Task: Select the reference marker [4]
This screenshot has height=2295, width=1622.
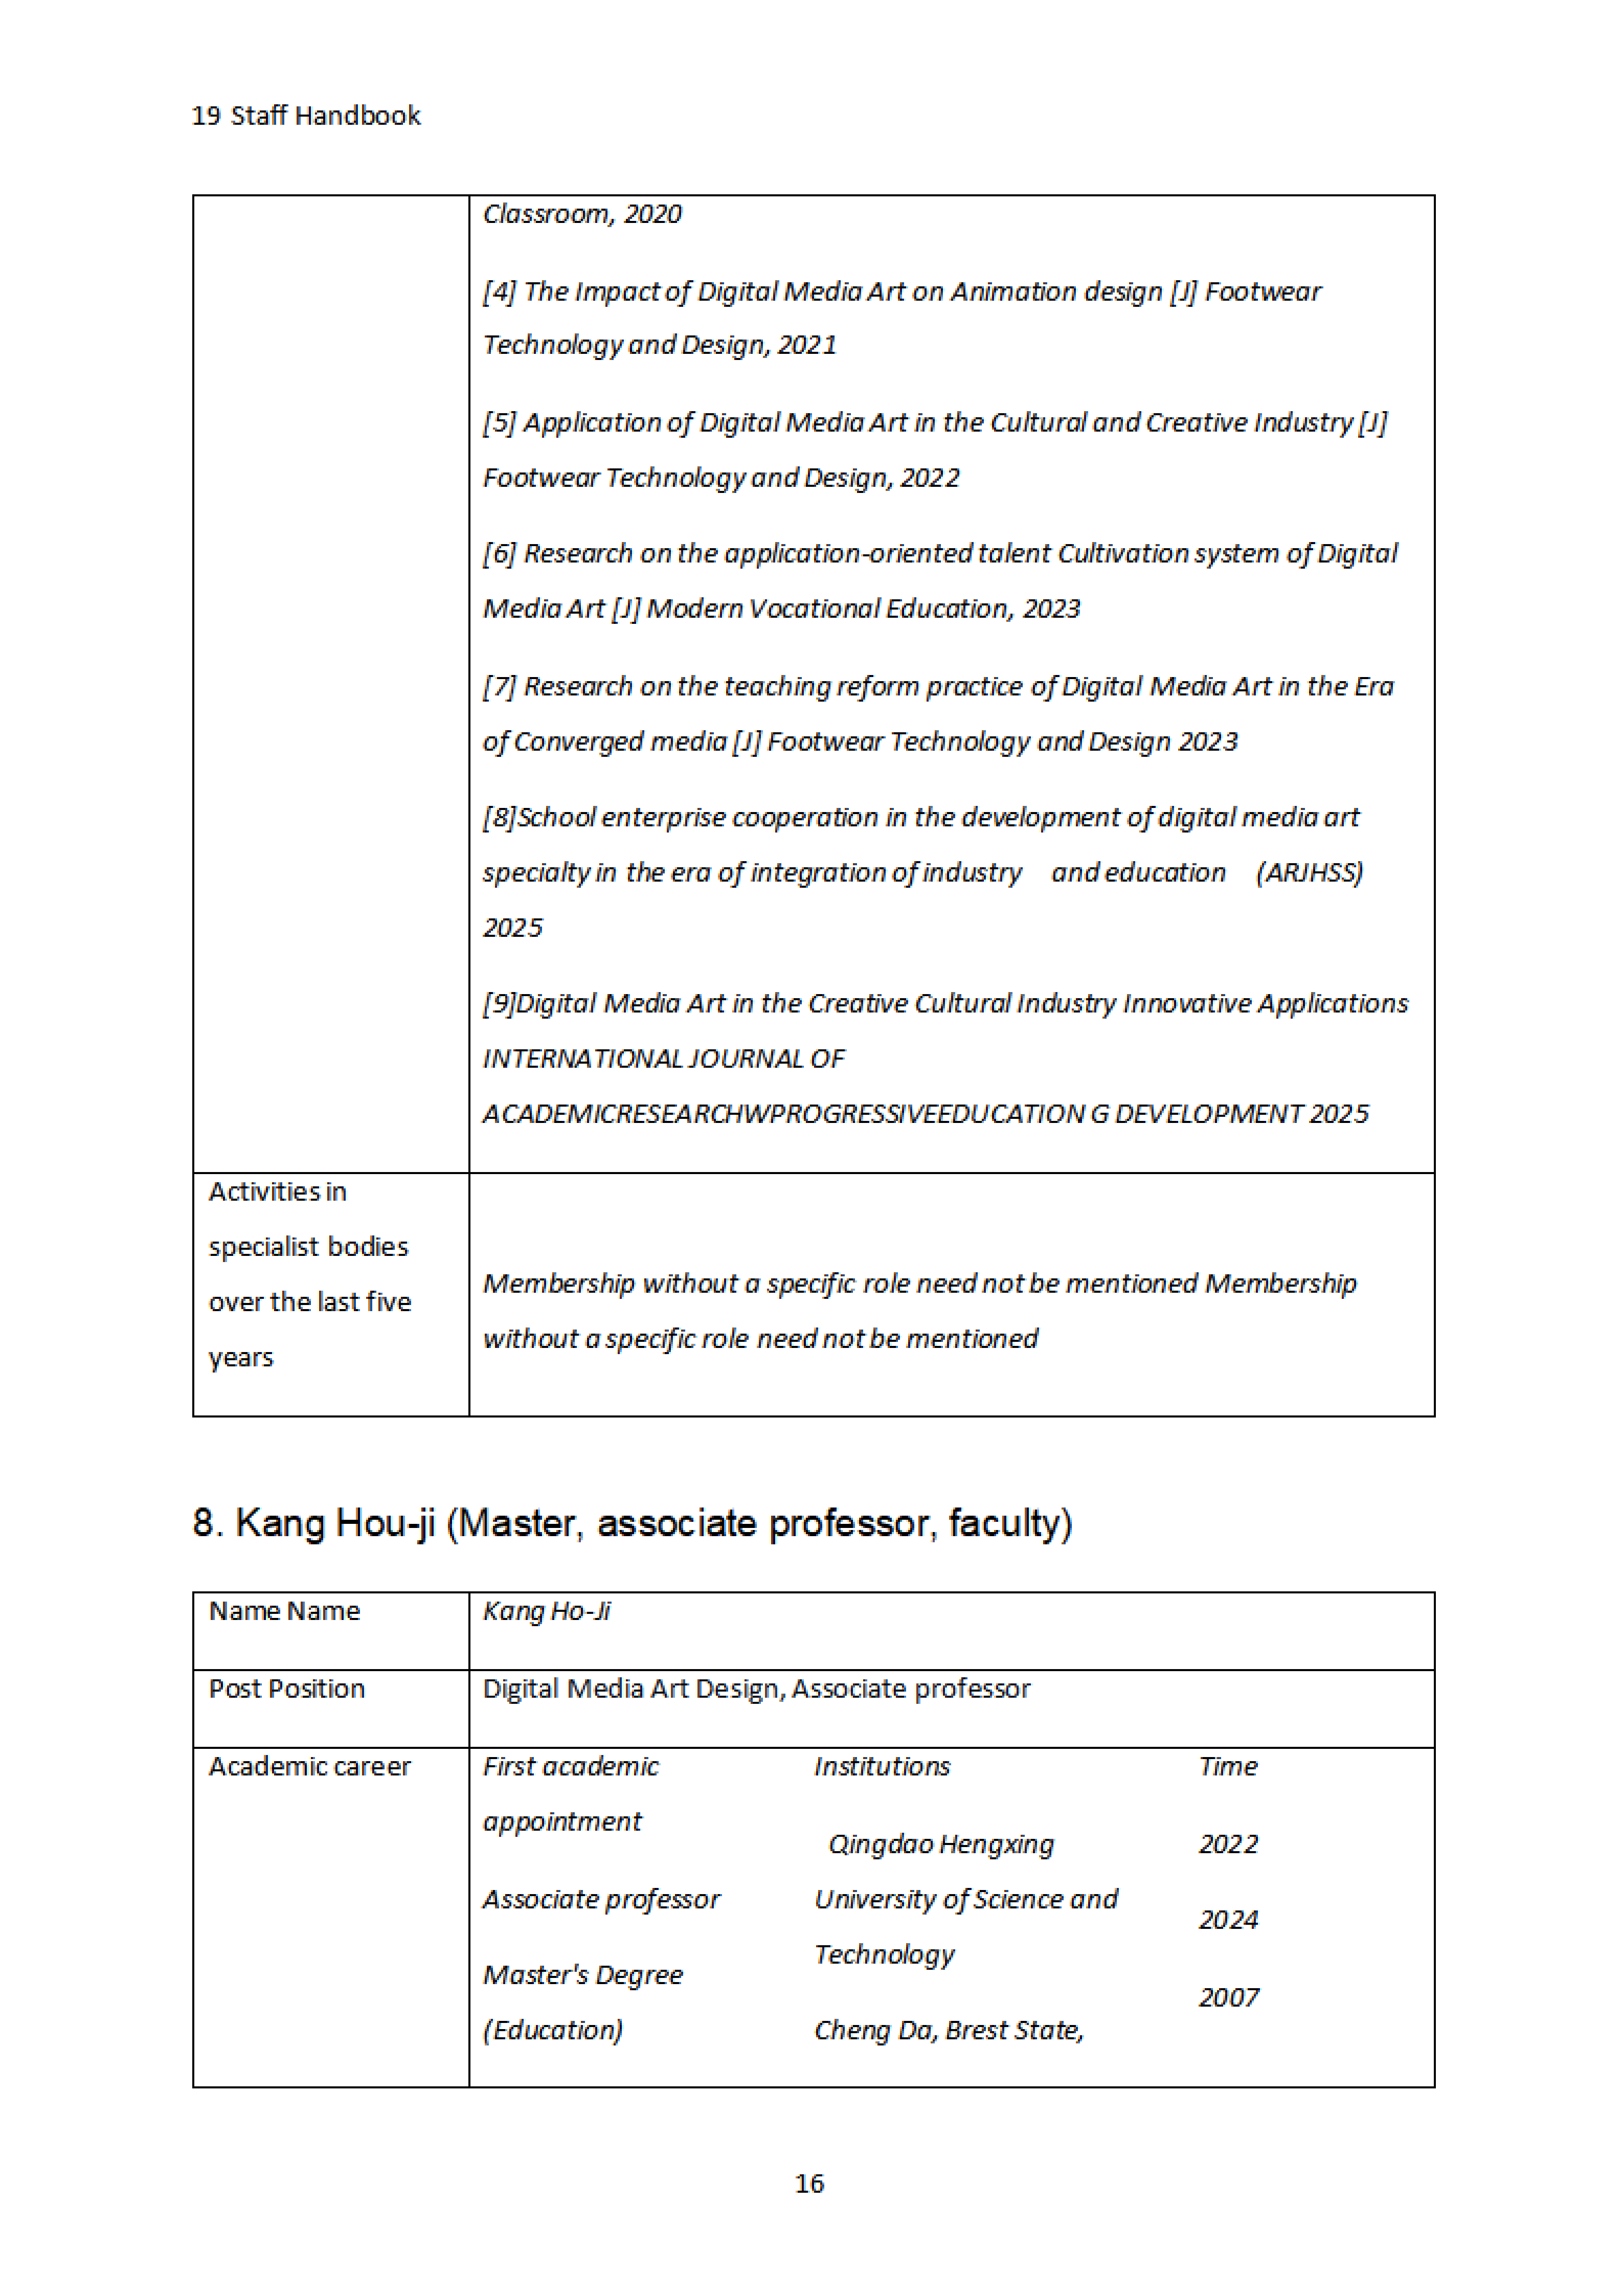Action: tap(499, 292)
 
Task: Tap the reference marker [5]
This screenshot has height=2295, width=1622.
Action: tap(499, 423)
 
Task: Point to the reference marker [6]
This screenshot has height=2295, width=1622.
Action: tap(499, 554)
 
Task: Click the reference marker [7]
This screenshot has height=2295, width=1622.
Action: tap(499, 687)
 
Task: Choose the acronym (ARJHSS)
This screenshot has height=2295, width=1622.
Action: tap(1309, 872)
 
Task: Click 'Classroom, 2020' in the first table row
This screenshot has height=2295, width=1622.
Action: tap(581, 214)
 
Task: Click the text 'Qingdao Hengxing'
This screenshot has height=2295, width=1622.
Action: tap(940, 1844)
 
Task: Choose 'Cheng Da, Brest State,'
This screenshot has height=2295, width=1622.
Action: tap(949, 2030)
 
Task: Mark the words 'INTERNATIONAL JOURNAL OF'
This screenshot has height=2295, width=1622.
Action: tap(663, 1059)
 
